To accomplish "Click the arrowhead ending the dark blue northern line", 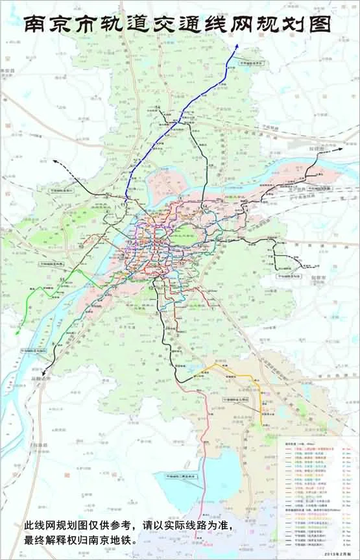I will pos(238,45).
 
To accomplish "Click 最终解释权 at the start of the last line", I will pos(51,539).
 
